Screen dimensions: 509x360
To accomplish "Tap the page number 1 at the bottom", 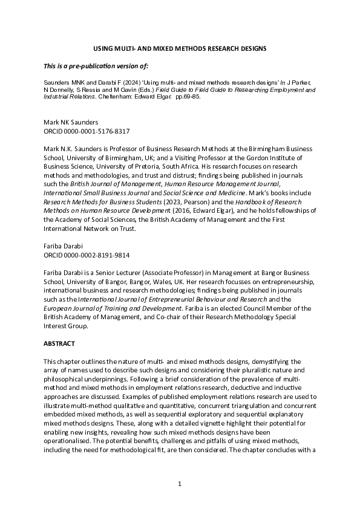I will coord(180,484).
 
